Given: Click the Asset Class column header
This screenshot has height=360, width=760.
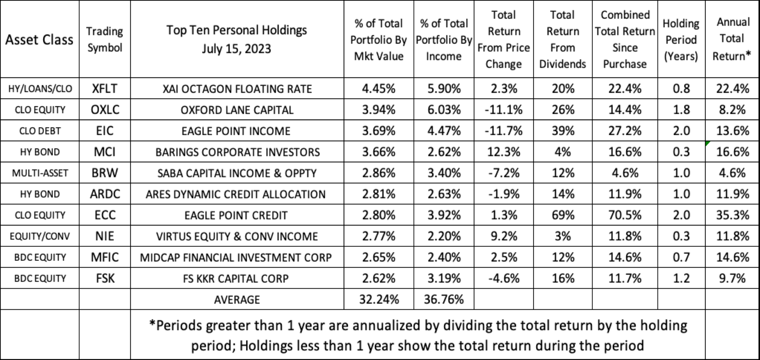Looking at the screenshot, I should pyautogui.click(x=39, y=40).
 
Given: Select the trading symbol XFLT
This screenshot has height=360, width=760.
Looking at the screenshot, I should pyautogui.click(x=105, y=89).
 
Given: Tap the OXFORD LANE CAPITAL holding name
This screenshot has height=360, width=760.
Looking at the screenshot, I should pyautogui.click(x=237, y=110).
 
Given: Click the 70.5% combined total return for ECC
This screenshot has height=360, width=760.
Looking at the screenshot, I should pyautogui.click(x=625, y=215).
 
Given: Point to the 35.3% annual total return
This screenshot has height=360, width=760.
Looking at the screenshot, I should pyautogui.click(x=732, y=215).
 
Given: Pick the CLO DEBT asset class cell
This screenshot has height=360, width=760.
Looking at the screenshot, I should pyautogui.click(x=40, y=131).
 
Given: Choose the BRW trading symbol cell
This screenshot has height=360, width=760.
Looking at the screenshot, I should pyautogui.click(x=105, y=173).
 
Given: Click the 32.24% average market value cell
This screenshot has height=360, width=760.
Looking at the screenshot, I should pyautogui.click(x=379, y=299).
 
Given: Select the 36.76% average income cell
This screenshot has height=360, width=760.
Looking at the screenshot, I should pyautogui.click(x=444, y=299).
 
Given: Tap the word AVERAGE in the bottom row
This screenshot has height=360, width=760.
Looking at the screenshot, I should pyautogui.click(x=237, y=300).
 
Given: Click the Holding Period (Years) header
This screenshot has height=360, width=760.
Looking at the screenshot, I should pyautogui.click(x=681, y=40).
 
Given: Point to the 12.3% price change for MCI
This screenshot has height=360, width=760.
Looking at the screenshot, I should pyautogui.click(x=503, y=152).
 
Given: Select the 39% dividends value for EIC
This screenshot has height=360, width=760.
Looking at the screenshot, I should pyautogui.click(x=563, y=131).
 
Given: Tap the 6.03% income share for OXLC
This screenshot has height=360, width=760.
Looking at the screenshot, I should pyautogui.click(x=444, y=110).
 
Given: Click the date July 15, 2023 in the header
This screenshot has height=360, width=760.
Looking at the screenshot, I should pyautogui.click(x=236, y=49).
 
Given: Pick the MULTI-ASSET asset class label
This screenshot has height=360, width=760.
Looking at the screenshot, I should pyautogui.click(x=40, y=173).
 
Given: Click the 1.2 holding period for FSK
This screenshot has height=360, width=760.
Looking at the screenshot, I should pyautogui.click(x=681, y=278).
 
